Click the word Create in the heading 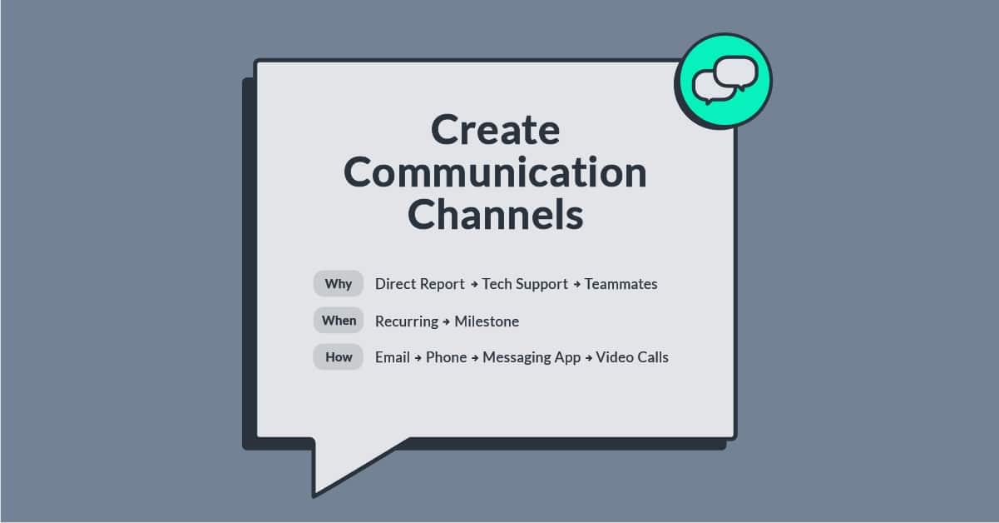(495, 131)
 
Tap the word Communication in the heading (495, 172)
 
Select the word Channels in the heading (495, 214)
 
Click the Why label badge (338, 284)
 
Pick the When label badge (339, 321)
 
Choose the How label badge (339, 357)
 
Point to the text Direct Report (419, 284)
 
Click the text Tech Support (525, 284)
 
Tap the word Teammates (621, 284)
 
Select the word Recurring (406, 321)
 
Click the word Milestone (487, 321)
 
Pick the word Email (392, 357)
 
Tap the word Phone (446, 357)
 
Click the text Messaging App (532, 357)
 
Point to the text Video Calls (632, 357)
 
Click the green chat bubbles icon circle (724, 81)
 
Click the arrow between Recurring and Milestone (446, 321)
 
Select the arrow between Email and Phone (418, 358)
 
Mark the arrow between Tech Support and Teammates (576, 285)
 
